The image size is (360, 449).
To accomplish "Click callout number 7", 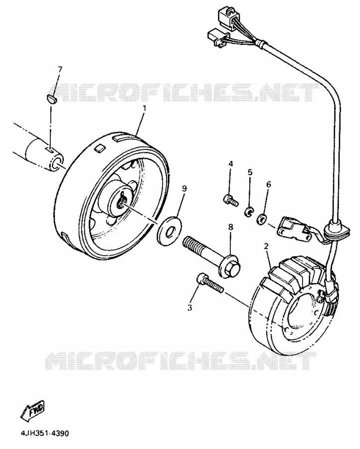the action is pos(60,69).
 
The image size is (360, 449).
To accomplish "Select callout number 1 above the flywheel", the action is pos(144,109).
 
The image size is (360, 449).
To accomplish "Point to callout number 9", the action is pos(184,189).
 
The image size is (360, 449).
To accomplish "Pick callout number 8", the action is pos(231,227).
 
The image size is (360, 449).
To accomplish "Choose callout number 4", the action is pos(231,164).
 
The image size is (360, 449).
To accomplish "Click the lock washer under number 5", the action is pos(248,212).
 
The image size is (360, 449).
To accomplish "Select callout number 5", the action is pos(250,172).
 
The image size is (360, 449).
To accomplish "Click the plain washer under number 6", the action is pos(261,219).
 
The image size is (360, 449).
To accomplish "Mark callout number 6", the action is pos(268,185).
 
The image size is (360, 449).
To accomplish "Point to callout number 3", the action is pos(189,308).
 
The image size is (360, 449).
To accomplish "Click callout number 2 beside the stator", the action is pos(266,246).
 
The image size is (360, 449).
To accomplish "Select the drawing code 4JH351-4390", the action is pos(45,433).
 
